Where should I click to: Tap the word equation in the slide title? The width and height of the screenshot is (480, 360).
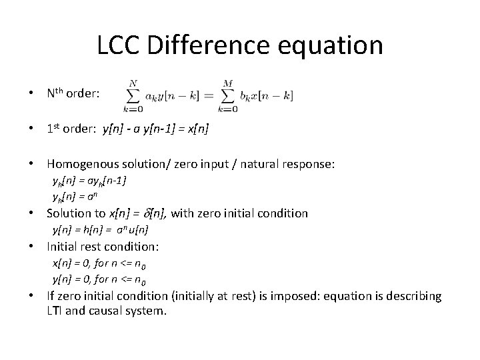(340, 47)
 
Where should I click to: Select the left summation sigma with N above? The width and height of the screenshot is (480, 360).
(133, 95)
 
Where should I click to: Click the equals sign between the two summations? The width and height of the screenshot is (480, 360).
(207, 96)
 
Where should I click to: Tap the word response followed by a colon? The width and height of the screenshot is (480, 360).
(301, 163)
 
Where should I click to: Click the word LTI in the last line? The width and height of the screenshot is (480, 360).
(56, 310)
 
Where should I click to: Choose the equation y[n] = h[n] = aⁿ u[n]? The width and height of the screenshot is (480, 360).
(100, 230)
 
